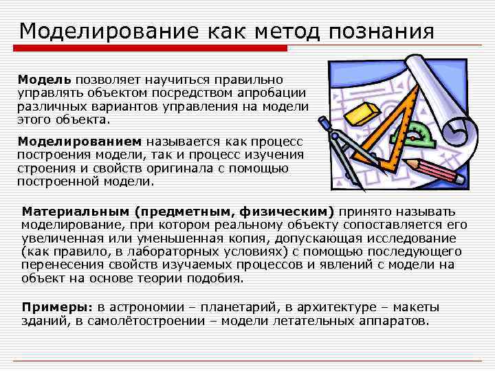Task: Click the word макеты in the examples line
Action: [418, 307]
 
